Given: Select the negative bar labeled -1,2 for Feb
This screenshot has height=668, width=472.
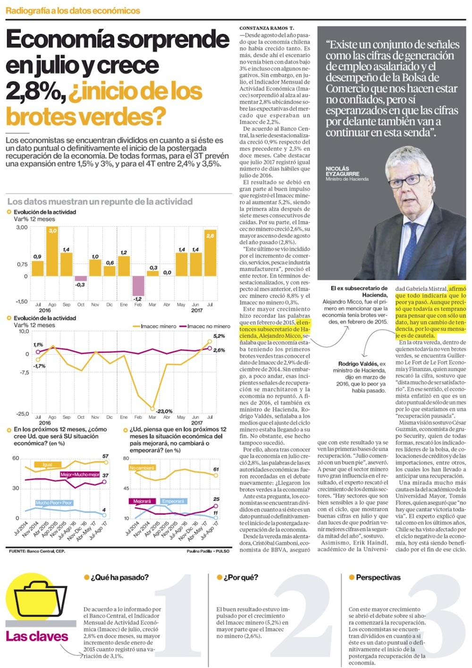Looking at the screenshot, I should click(x=138, y=286).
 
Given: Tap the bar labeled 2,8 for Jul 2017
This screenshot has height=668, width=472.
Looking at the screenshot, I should click(x=210, y=253).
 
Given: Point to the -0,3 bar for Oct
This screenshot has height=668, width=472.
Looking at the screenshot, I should click(x=81, y=279).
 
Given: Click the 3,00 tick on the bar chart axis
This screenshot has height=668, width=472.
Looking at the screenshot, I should click(x=22, y=227).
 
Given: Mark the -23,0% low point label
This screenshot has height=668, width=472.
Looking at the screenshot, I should click(x=164, y=411).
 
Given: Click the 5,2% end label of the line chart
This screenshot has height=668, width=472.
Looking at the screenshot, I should click(x=219, y=336).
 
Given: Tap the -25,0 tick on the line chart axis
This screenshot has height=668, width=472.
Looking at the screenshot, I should click(x=23, y=414).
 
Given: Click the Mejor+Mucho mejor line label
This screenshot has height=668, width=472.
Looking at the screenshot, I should click(x=80, y=474).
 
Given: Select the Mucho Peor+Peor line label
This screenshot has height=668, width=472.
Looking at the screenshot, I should click(x=54, y=503).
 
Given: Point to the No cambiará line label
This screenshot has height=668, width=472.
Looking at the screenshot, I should click(x=142, y=468).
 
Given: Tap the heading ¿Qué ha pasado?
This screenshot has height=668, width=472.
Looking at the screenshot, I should click(x=119, y=577).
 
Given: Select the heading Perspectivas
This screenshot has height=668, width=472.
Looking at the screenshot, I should click(x=378, y=577).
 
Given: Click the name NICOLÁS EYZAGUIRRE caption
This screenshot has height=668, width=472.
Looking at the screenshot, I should click(x=342, y=171).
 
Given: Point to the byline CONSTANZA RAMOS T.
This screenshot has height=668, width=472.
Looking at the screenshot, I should click(x=267, y=28).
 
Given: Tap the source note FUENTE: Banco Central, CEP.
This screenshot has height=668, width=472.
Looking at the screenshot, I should click(x=37, y=551).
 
